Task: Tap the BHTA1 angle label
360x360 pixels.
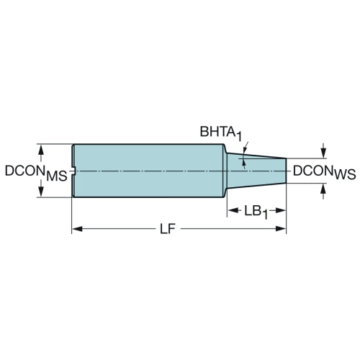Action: (221, 133)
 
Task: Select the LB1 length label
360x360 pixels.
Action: (256, 212)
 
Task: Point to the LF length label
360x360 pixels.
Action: (168, 229)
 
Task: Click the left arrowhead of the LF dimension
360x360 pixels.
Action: (77, 229)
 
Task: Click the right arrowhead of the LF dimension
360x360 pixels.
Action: (281, 229)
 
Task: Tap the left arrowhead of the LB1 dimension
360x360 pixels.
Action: (233, 211)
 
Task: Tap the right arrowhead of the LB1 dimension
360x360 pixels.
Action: (281, 211)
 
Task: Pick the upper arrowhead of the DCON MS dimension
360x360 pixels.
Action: (41, 150)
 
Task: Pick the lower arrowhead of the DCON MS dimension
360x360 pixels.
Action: (41, 192)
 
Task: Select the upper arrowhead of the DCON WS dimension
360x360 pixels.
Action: (323, 153)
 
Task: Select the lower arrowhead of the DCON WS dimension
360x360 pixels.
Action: (323, 189)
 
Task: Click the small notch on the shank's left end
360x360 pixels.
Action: (74, 171)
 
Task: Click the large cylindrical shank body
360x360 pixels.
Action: (149, 171)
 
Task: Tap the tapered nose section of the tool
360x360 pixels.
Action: (256, 171)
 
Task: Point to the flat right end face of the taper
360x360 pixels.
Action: (286, 171)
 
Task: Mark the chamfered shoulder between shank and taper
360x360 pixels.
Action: (225, 171)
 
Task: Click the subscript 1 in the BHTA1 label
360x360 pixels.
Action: (238, 137)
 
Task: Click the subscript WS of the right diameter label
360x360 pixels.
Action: (345, 175)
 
